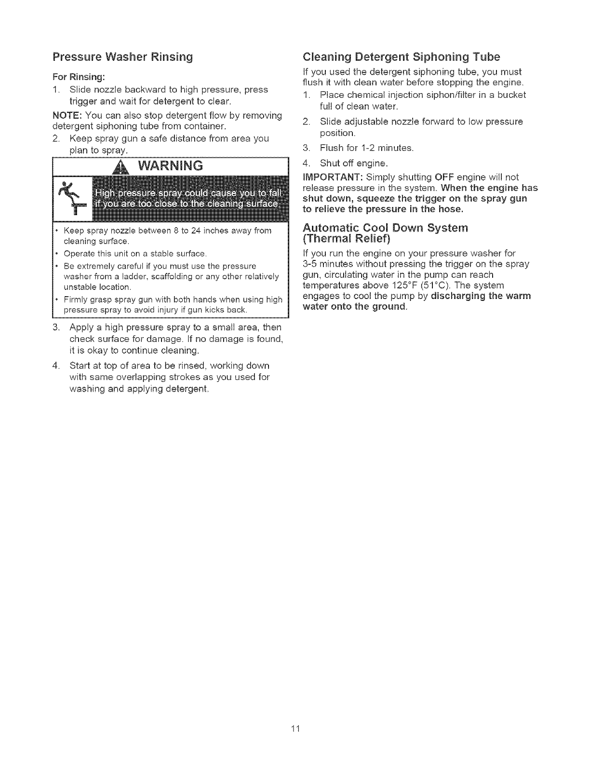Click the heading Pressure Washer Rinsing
pos(122,57)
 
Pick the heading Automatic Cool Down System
pos(385,228)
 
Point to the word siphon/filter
pos(430,95)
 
